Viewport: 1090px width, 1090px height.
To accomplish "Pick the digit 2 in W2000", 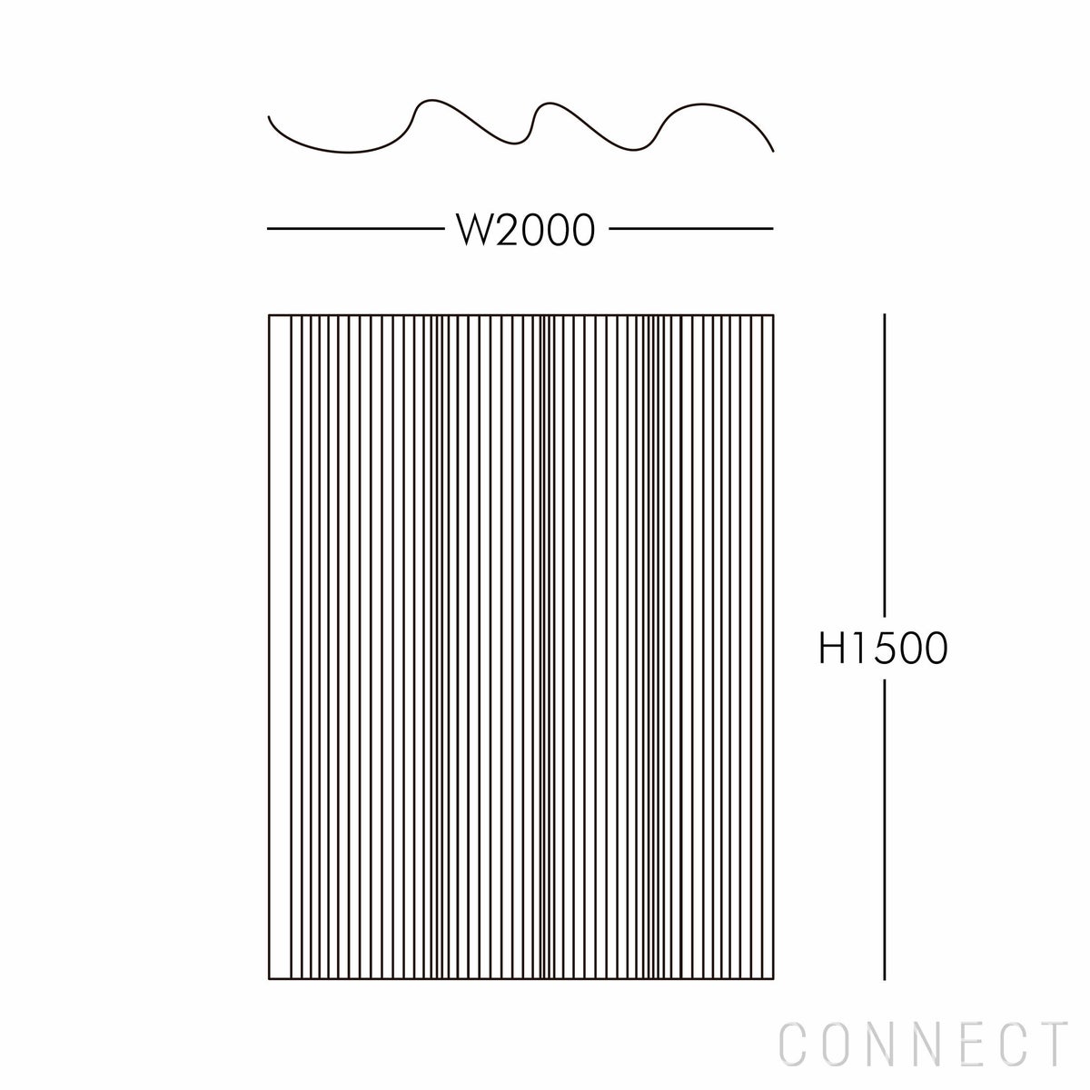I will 507,230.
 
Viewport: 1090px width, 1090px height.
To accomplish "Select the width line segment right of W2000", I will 690,229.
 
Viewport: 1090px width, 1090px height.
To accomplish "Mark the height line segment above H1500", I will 885,463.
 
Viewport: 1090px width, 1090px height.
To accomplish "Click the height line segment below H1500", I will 885,827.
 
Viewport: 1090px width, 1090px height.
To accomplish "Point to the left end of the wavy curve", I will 269,116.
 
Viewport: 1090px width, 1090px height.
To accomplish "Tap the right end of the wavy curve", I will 773,151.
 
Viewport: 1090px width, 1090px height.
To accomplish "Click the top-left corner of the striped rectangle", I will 270,315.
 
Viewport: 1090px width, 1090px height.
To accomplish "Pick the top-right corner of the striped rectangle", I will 774,315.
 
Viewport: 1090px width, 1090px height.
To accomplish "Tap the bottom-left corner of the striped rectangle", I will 270,980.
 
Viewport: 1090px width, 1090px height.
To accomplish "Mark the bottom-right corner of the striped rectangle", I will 774,980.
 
